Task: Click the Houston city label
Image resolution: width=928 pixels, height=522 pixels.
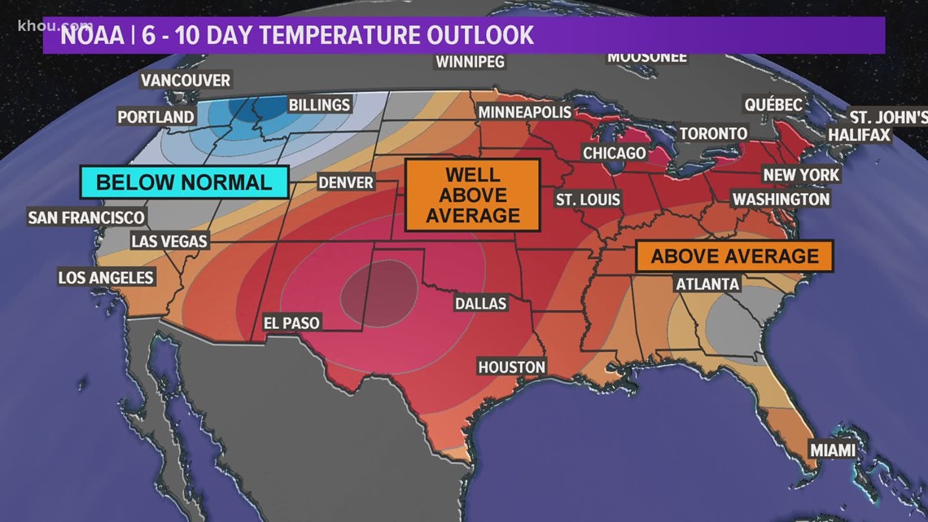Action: click(511, 367)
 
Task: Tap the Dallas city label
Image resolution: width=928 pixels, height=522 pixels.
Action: click(480, 304)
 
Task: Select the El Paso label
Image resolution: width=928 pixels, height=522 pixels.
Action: click(291, 323)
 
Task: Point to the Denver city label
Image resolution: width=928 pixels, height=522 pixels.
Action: click(346, 182)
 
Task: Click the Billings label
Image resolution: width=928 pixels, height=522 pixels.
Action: click(319, 105)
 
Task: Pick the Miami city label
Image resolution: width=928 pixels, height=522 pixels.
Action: click(832, 450)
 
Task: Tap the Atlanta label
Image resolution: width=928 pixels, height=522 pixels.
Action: click(707, 284)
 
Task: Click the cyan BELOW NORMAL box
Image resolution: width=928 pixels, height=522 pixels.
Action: click(184, 182)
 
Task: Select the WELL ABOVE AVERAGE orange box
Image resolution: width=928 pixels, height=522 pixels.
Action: click(472, 195)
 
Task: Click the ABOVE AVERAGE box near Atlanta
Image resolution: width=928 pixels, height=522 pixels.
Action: click(734, 257)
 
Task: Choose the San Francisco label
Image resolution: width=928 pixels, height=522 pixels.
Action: click(85, 217)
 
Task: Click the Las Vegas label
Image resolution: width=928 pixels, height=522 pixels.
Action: click(169, 241)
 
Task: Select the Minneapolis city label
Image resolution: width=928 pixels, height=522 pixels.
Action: click(525, 112)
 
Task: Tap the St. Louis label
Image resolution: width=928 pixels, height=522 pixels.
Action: click(588, 200)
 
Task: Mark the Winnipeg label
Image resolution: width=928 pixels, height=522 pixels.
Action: click(470, 62)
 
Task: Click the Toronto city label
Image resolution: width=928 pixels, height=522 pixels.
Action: click(713, 133)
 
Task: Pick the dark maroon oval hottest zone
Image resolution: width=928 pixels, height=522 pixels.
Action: click(377, 289)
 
